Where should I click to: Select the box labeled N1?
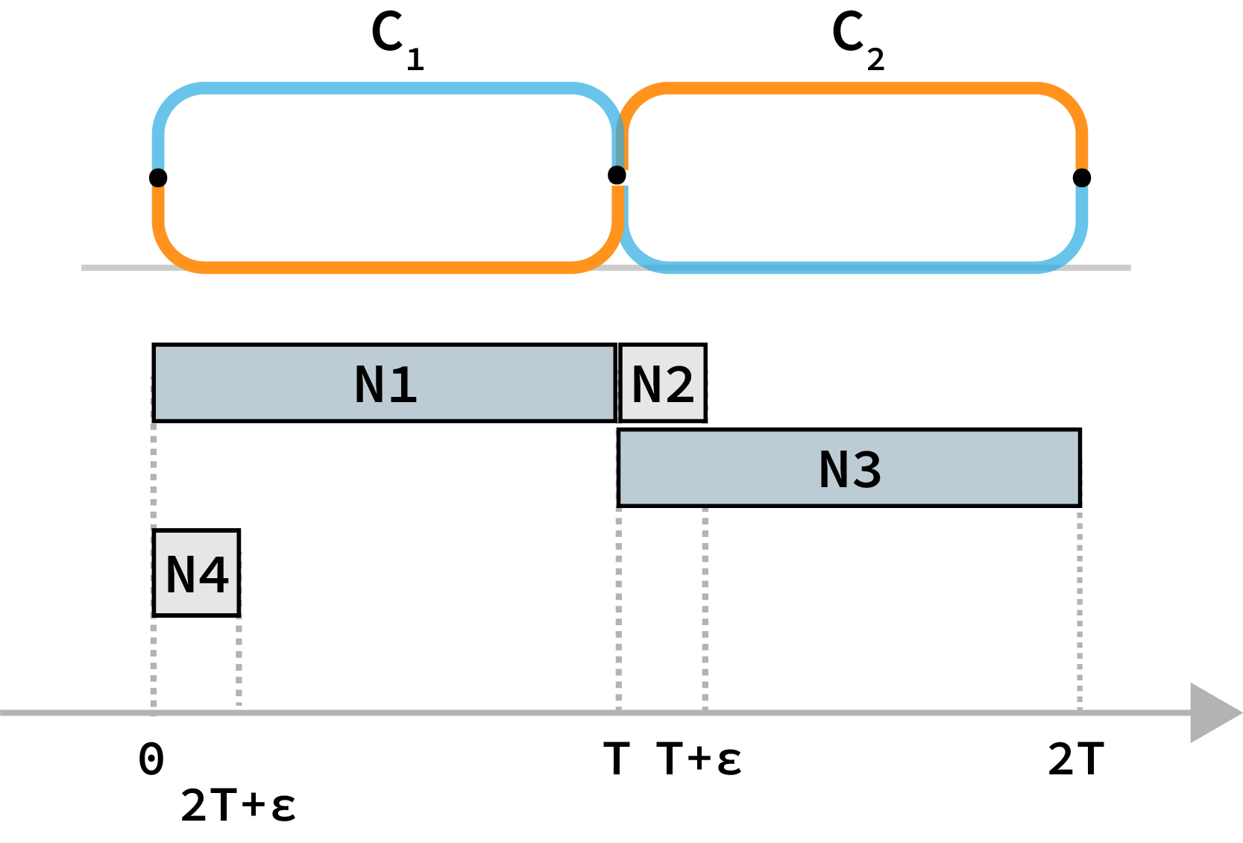[x=384, y=383]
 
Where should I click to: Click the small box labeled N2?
[x=662, y=383]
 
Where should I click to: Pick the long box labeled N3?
[x=849, y=468]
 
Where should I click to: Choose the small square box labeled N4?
[x=196, y=573]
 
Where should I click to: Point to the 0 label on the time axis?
[x=151, y=759]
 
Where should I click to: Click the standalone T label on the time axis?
[x=617, y=759]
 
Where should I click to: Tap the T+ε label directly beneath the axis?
[x=699, y=759]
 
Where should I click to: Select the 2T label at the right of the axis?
[x=1075, y=759]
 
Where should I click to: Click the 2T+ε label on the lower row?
[x=238, y=806]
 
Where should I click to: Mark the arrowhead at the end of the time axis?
[x=1212, y=712]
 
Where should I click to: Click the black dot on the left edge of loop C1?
[x=158, y=178]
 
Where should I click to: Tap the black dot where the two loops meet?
[x=617, y=175]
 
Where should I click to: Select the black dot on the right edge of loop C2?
[x=1082, y=178]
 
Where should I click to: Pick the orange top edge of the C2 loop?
[x=850, y=88]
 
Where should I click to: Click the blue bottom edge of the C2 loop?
[x=850, y=267]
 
